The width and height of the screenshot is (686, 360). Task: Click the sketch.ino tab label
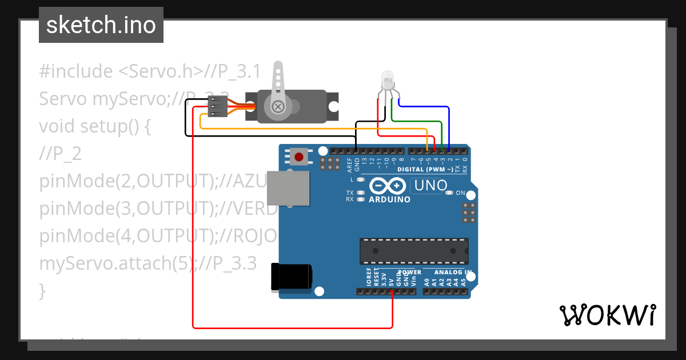tap(101, 25)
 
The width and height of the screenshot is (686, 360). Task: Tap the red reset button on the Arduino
tap(298, 156)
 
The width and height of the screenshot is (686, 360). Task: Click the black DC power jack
tap(291, 277)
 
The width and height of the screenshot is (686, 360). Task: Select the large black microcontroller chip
tap(414, 251)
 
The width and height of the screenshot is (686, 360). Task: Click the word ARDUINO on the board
tap(389, 199)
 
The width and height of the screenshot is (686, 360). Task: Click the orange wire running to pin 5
tap(314, 129)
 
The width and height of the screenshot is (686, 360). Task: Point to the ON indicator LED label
tap(460, 193)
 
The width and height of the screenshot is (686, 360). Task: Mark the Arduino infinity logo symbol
tap(389, 186)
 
